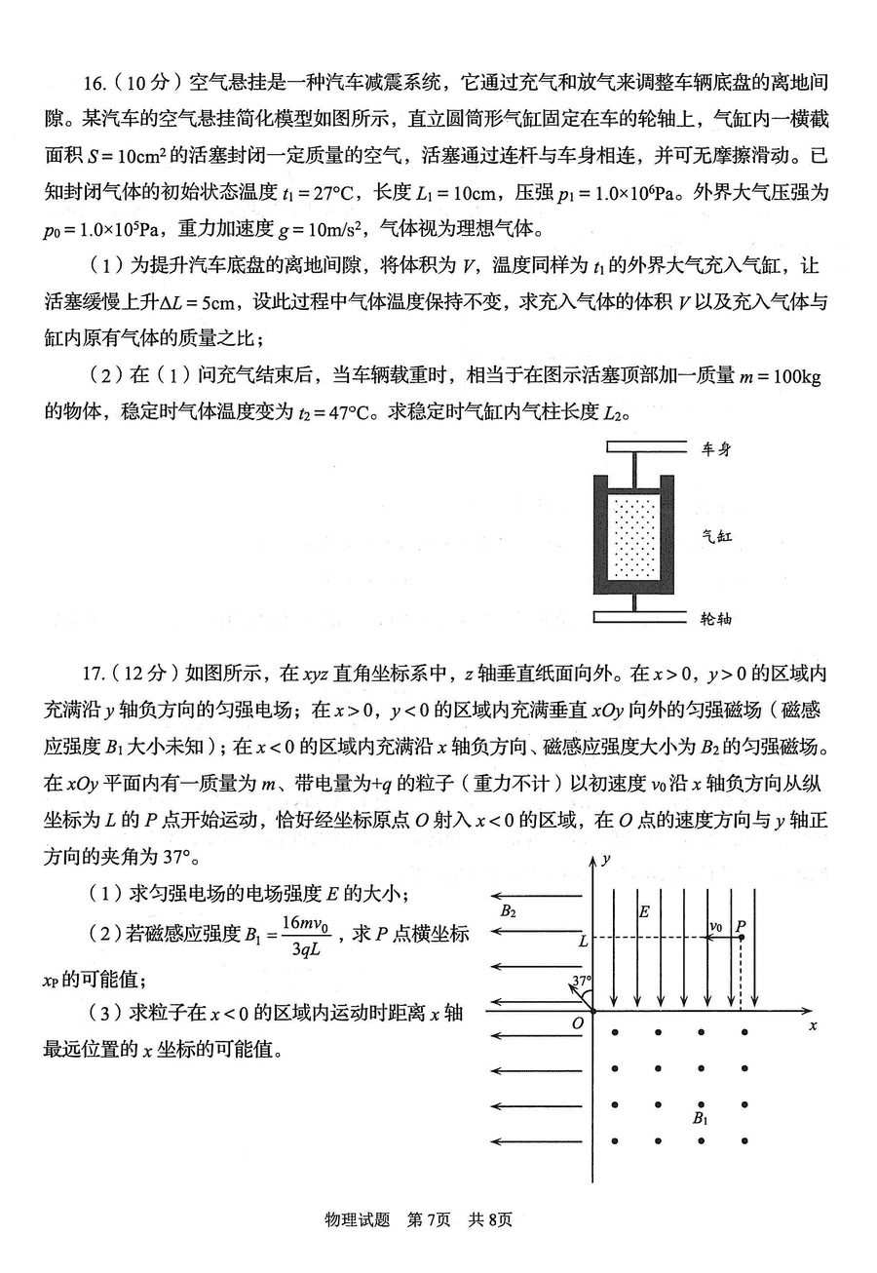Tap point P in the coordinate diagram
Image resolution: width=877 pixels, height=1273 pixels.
[x=742, y=938]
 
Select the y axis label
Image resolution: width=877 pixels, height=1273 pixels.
[x=606, y=859]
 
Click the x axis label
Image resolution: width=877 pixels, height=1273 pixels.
[x=812, y=1025]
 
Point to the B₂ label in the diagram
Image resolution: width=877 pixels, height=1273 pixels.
[x=508, y=912]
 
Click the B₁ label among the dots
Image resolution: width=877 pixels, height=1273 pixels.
[x=700, y=1118]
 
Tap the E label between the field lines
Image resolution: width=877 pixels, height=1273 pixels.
[x=643, y=912]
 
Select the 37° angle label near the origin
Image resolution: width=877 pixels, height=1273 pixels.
[x=582, y=981]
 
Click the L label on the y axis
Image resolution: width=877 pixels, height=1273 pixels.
[x=583, y=942]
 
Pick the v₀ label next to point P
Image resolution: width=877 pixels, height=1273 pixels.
[x=716, y=926]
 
